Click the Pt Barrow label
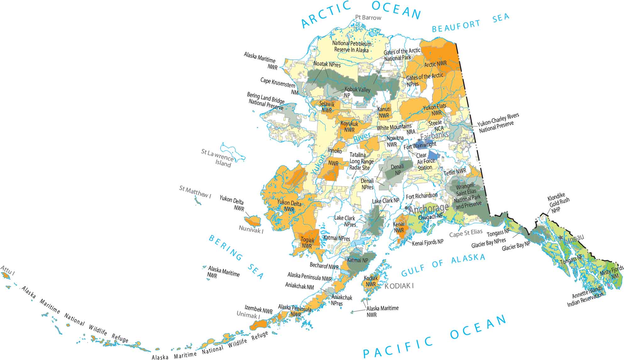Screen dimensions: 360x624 [x=368, y=18]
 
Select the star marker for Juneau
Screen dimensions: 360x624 [x=561, y=238]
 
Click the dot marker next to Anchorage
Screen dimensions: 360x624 [x=407, y=208]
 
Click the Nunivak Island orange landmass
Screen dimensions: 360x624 [x=253, y=220]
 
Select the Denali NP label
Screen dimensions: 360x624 [x=397, y=169]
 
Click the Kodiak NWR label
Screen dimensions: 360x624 [x=371, y=281]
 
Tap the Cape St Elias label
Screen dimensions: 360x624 [x=465, y=233]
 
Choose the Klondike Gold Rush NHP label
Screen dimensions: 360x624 [x=558, y=204]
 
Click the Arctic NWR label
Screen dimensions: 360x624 [x=435, y=64]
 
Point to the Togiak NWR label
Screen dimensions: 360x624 [x=307, y=243]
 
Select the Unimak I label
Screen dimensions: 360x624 [x=249, y=314]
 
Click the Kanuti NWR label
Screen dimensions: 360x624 [x=384, y=112]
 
